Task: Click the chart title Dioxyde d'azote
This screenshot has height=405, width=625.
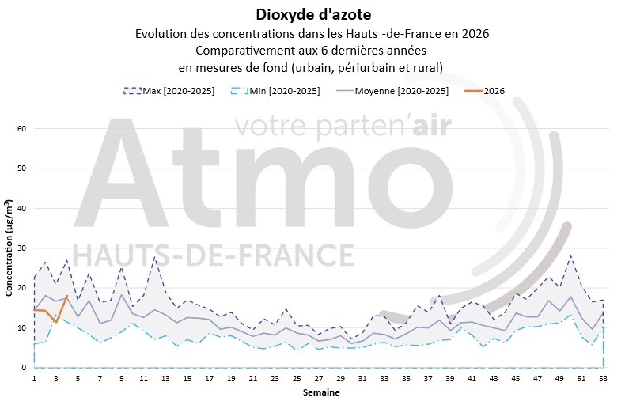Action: pyautogui.click(x=312, y=14)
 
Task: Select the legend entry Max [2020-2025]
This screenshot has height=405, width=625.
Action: pyautogui.click(x=179, y=92)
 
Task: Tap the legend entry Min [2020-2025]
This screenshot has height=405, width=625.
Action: pyautogui.click(x=282, y=92)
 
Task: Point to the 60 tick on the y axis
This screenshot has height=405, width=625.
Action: pyautogui.click(x=22, y=129)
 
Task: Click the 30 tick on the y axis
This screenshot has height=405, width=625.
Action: pyautogui.click(x=22, y=248)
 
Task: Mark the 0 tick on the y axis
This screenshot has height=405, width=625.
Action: pyautogui.click(x=25, y=368)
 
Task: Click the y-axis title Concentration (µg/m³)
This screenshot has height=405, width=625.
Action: pyautogui.click(x=9, y=249)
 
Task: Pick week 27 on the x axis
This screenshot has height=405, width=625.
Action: pyautogui.click(x=318, y=379)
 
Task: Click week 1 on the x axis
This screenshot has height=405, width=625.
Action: pyautogui.click(x=34, y=379)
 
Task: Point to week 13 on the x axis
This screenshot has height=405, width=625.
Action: pyautogui.click(x=165, y=379)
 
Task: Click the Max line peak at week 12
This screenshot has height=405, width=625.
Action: pyautogui.click(x=155, y=257)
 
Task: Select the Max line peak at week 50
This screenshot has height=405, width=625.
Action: pyautogui.click(x=570, y=255)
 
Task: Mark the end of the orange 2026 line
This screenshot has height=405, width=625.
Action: pyautogui.click(x=67, y=297)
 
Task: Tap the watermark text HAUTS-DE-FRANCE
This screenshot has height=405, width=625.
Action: pyautogui.click(x=214, y=255)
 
